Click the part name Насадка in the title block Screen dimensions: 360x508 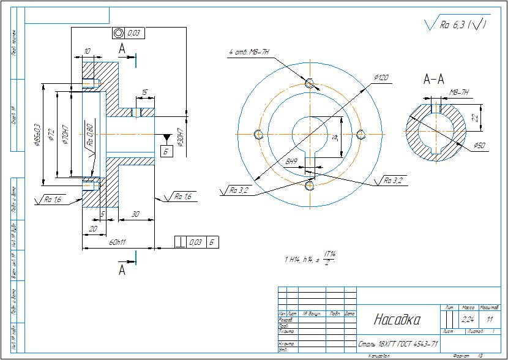pos(397,320)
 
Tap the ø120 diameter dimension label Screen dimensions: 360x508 pos(381,78)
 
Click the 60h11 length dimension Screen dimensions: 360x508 pos(118,242)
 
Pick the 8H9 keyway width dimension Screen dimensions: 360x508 pos(291,162)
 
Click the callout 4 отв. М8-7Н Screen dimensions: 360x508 pos(249,53)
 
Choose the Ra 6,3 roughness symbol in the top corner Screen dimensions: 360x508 pos(456,24)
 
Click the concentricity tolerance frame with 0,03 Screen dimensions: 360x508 pos(129,32)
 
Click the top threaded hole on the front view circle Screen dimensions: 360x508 pos(310,83)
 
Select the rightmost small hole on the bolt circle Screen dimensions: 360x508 pos(360,134)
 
